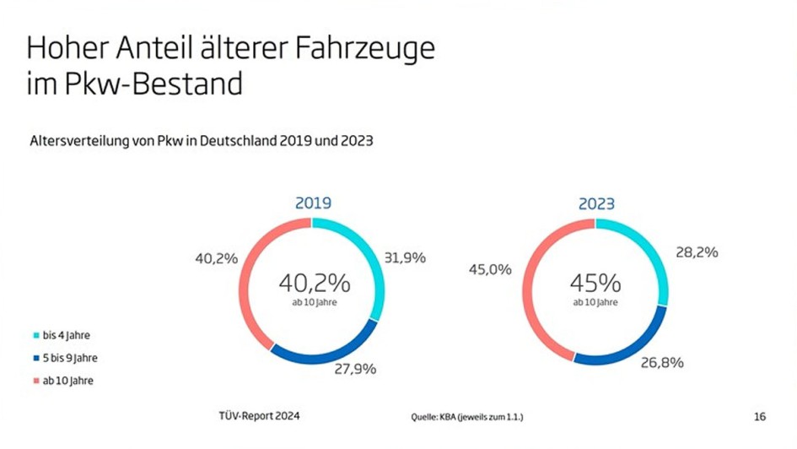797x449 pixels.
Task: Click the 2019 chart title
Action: pyautogui.click(x=312, y=203)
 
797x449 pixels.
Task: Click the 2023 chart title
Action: pyautogui.click(x=596, y=203)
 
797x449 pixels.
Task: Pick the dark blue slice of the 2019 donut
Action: pyautogui.click(x=326, y=355)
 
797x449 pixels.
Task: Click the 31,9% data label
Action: pyautogui.click(x=405, y=258)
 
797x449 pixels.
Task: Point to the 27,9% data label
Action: pyautogui.click(x=355, y=369)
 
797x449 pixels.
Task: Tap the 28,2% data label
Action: pyautogui.click(x=697, y=252)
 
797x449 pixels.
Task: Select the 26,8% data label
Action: pyautogui.click(x=662, y=363)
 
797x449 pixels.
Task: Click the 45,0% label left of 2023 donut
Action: pyautogui.click(x=490, y=269)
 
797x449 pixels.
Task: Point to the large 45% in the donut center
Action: pyautogui.click(x=595, y=282)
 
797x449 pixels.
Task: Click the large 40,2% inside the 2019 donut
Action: pyautogui.click(x=314, y=282)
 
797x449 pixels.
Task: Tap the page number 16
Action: pyautogui.click(x=759, y=416)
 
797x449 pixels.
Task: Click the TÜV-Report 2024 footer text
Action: pyautogui.click(x=259, y=416)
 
